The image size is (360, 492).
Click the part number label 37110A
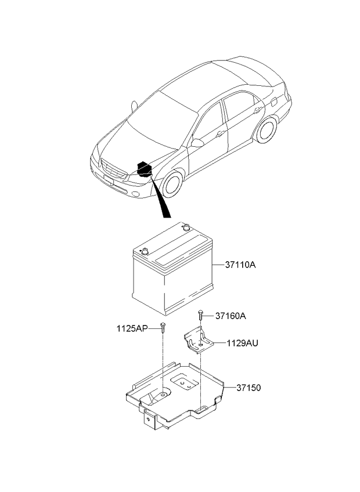pos(240,265)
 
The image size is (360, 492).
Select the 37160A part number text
pos(231,316)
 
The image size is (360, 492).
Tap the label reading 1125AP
pos(132,328)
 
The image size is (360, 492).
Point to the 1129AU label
pos(243,343)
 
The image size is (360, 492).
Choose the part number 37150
pos(249,388)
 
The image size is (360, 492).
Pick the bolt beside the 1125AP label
pos(163,327)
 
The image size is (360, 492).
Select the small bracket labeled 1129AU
pos(199,340)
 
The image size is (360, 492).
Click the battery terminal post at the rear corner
pos(186,227)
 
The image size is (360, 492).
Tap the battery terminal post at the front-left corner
pos(145,251)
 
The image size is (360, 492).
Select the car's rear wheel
pos(266,130)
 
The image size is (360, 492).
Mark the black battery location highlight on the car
pos(145,169)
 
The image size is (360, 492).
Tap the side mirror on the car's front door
pos(197,143)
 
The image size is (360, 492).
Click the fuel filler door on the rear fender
pos(273,102)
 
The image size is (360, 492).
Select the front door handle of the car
pos(220,134)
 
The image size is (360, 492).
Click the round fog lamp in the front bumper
pos(135,194)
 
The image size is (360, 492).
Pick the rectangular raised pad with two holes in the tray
pos(185,382)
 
